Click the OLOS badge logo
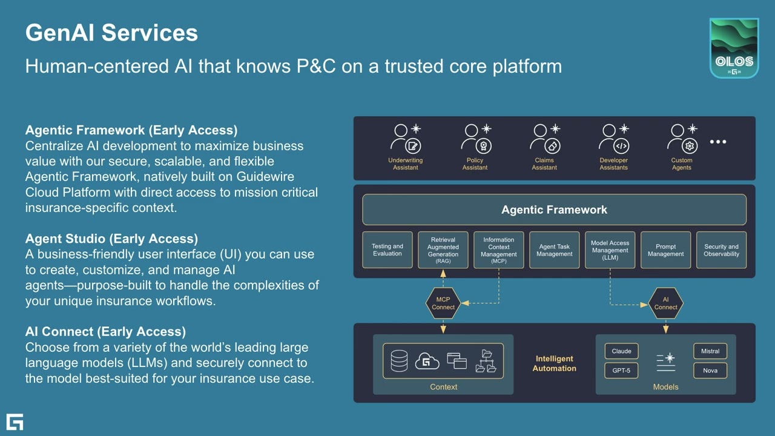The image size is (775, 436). pyautogui.click(x=734, y=48)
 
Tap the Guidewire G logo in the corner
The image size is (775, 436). pyautogui.click(x=15, y=421)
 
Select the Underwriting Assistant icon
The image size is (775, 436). pyautogui.click(x=406, y=139)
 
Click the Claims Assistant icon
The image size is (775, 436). pyautogui.click(x=544, y=139)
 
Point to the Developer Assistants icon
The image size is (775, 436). pyautogui.click(x=613, y=139)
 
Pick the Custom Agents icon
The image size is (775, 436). pyautogui.click(x=682, y=139)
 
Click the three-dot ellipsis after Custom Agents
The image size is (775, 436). pyautogui.click(x=717, y=142)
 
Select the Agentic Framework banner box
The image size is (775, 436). pyautogui.click(x=554, y=210)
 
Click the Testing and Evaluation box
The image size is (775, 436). pyautogui.click(x=387, y=250)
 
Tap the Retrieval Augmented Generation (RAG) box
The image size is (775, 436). pyautogui.click(x=443, y=250)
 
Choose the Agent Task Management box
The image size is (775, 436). pyautogui.click(x=554, y=250)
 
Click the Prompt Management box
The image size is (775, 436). pyautogui.click(x=665, y=250)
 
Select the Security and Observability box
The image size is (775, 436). pyautogui.click(x=721, y=250)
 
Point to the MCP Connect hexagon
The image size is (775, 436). pyautogui.click(x=443, y=303)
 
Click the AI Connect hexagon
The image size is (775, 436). pyautogui.click(x=665, y=303)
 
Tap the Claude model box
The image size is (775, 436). pyautogui.click(x=621, y=351)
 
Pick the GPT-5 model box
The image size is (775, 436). pyautogui.click(x=621, y=370)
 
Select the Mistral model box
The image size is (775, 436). pyautogui.click(x=710, y=351)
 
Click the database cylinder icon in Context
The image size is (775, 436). pyautogui.click(x=399, y=361)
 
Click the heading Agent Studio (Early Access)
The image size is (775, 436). pyautogui.click(x=111, y=239)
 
